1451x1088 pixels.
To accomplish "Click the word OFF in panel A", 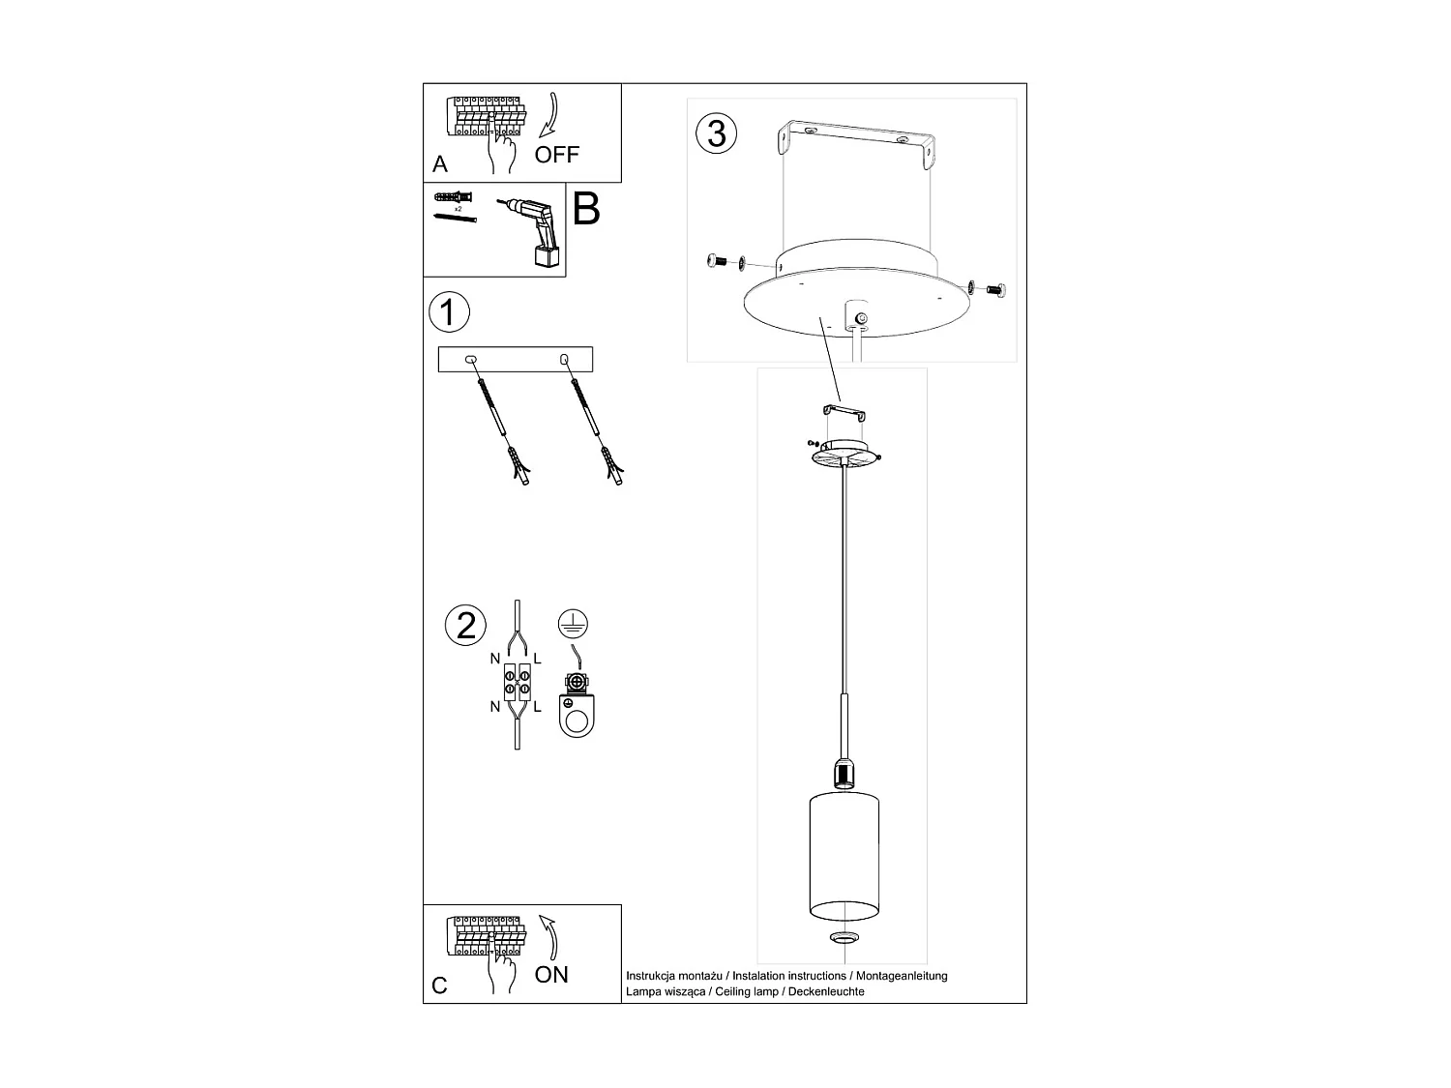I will pyautogui.click(x=557, y=154).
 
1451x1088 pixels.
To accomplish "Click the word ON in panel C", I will pyautogui.click(x=551, y=974).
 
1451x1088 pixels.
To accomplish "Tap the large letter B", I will pyautogui.click(x=586, y=209).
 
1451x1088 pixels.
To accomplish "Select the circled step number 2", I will pyautogui.click(x=466, y=625).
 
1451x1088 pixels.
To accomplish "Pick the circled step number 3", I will pyautogui.click(x=716, y=132).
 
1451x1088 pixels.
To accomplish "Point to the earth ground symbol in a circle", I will pyautogui.click(x=574, y=624).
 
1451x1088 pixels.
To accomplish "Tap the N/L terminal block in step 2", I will pyautogui.click(x=517, y=682).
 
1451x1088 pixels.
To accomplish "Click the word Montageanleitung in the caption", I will pyautogui.click(x=903, y=976).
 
